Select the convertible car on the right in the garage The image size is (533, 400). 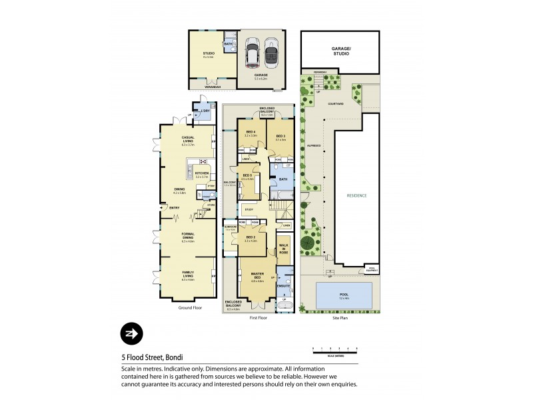point(271,51)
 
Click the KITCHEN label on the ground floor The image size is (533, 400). point(202,173)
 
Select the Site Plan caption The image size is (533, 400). point(340,317)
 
